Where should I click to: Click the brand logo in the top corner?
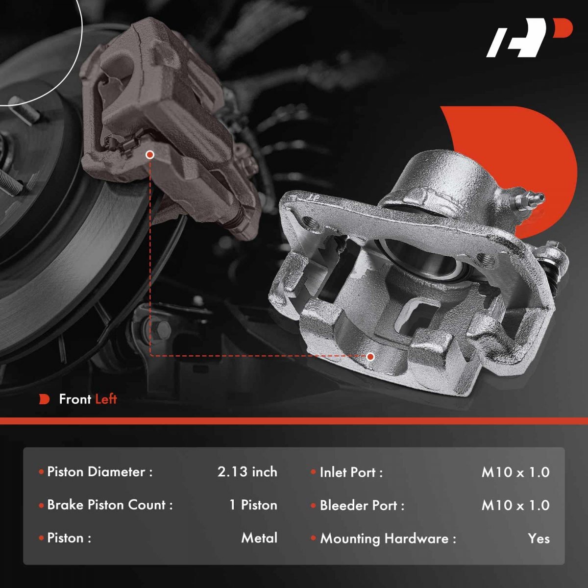click(529, 42)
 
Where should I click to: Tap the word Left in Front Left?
click(106, 399)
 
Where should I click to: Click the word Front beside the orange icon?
click(75, 399)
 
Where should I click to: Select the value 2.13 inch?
click(247, 472)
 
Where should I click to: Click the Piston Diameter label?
click(100, 472)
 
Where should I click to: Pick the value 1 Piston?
click(253, 505)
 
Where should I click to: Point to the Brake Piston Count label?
click(110, 505)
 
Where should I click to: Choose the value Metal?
click(259, 538)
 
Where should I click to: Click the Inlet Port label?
click(351, 472)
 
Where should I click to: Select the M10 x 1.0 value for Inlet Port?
click(515, 472)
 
